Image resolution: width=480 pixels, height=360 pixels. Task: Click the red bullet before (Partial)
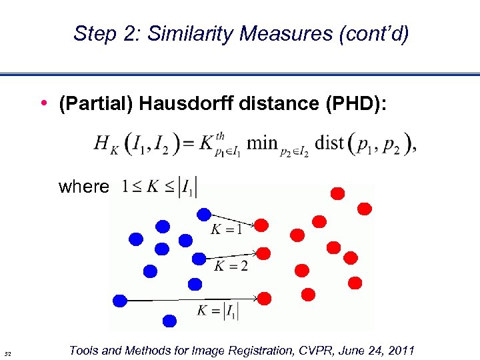[x=43, y=103]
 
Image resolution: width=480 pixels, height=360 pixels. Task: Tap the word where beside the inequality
[x=83, y=187]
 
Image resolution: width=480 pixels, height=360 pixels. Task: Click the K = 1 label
[x=225, y=231]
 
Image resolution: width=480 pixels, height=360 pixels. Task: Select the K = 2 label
[x=231, y=267]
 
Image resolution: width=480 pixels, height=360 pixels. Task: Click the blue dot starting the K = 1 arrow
[x=204, y=214]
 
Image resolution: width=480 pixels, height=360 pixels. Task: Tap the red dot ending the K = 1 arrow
[x=262, y=225]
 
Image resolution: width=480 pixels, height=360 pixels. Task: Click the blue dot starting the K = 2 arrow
[x=199, y=259]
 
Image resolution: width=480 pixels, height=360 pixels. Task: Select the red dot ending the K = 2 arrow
[x=263, y=253]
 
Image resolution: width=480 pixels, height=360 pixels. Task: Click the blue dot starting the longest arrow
[x=120, y=301]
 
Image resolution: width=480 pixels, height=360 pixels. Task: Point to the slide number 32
[x=8, y=353]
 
